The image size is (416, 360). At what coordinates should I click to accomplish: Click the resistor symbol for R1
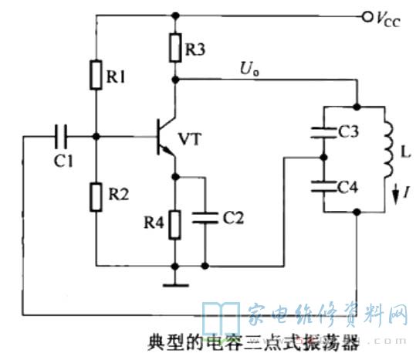pos(96,75)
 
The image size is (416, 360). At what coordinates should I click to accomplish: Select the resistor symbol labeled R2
pos(96,197)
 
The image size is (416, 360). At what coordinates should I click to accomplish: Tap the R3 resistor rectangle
pos(175,48)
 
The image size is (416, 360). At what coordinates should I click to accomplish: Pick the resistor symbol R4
pos(175,225)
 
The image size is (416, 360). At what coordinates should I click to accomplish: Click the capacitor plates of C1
pos(61,137)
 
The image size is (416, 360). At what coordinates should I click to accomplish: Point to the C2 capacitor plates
pos(205,218)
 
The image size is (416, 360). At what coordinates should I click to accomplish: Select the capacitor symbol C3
pos(323,133)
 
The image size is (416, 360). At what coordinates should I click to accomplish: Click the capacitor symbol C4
pos(323,186)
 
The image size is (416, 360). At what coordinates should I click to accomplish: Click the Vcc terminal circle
pos(367,17)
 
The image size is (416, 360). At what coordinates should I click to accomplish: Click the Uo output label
pos(249,69)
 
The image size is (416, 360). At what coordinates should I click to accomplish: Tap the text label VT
pos(190,139)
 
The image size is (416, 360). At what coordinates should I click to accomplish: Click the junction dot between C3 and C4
pos(323,158)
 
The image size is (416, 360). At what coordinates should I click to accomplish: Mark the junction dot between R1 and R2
pos(96,137)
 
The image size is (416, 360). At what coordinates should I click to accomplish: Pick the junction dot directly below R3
pos(175,79)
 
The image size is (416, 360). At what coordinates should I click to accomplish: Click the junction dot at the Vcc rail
pos(175,15)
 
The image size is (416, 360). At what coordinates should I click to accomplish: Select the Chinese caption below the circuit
pos(253,342)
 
